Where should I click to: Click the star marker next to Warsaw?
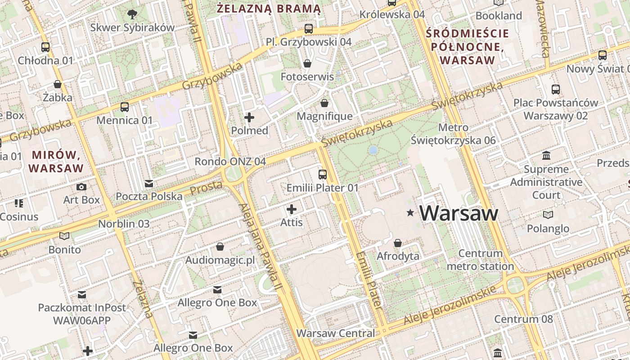(x=410, y=212)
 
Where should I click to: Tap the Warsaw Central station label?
(x=335, y=333)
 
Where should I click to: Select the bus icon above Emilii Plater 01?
(x=322, y=175)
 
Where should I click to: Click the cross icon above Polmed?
(x=249, y=118)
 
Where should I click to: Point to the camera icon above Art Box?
(x=81, y=187)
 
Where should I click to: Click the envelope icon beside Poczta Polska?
(x=149, y=184)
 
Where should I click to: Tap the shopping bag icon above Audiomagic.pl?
(x=220, y=247)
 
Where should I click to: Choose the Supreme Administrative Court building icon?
(x=546, y=156)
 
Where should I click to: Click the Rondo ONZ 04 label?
(x=230, y=162)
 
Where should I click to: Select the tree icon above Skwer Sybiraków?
(x=132, y=14)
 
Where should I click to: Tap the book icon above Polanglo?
(x=548, y=215)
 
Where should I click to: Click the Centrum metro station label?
(x=480, y=260)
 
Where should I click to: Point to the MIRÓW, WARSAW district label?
(x=56, y=162)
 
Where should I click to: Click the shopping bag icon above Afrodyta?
(x=398, y=243)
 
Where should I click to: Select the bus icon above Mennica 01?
(x=125, y=107)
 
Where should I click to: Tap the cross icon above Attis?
(x=292, y=209)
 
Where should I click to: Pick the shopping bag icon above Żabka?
(x=58, y=84)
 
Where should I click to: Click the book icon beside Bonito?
(x=65, y=236)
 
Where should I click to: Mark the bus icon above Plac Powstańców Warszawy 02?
(x=556, y=90)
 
